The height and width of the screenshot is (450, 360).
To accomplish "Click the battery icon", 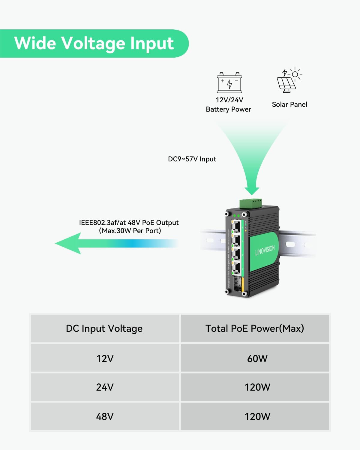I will click(x=229, y=82).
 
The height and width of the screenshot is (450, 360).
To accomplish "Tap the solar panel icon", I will click(x=289, y=79).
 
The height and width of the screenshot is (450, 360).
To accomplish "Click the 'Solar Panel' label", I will click(x=289, y=104).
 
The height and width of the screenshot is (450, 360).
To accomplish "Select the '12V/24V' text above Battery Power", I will click(x=229, y=100).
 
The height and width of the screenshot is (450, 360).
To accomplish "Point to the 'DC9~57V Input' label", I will click(x=192, y=159).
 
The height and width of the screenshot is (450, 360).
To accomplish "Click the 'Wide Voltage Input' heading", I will click(x=94, y=43).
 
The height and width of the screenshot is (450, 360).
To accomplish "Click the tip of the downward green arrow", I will click(x=252, y=192).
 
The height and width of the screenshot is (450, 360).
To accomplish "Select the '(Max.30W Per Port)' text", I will click(x=130, y=231).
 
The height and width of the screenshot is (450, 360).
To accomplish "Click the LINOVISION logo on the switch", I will click(x=265, y=250).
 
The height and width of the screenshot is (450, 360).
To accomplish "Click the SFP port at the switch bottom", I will click(x=238, y=284).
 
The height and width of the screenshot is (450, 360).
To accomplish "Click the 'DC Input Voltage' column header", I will click(x=104, y=328).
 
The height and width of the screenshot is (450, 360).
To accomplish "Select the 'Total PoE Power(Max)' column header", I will click(x=255, y=328).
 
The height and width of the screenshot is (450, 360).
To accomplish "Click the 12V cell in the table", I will click(x=105, y=358).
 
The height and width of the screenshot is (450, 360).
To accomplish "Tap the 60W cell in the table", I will click(x=257, y=358).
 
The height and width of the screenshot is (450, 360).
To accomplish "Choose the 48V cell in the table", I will click(x=105, y=416).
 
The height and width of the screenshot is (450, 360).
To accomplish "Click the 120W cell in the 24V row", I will click(x=257, y=387).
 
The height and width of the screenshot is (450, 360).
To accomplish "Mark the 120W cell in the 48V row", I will click(x=257, y=416).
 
